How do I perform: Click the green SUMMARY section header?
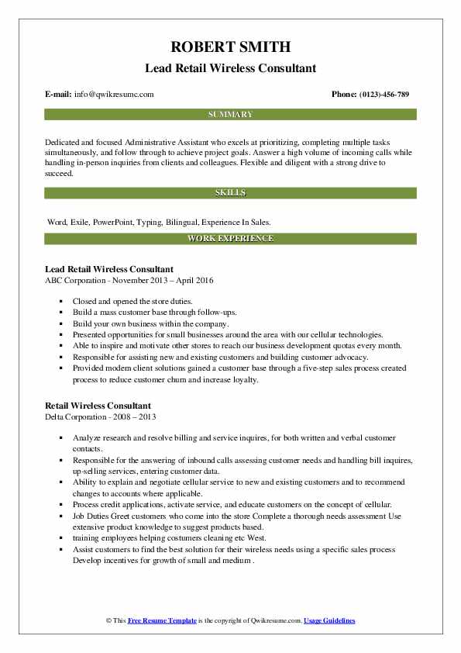click(230, 114)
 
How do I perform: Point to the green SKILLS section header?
click(230, 192)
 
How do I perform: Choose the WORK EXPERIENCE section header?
click(230, 238)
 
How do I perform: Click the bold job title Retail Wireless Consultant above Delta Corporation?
click(98, 405)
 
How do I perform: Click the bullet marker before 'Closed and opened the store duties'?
click(60, 300)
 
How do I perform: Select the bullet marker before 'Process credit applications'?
click(60, 503)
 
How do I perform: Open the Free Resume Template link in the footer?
click(160, 621)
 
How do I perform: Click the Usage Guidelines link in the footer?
click(329, 621)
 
